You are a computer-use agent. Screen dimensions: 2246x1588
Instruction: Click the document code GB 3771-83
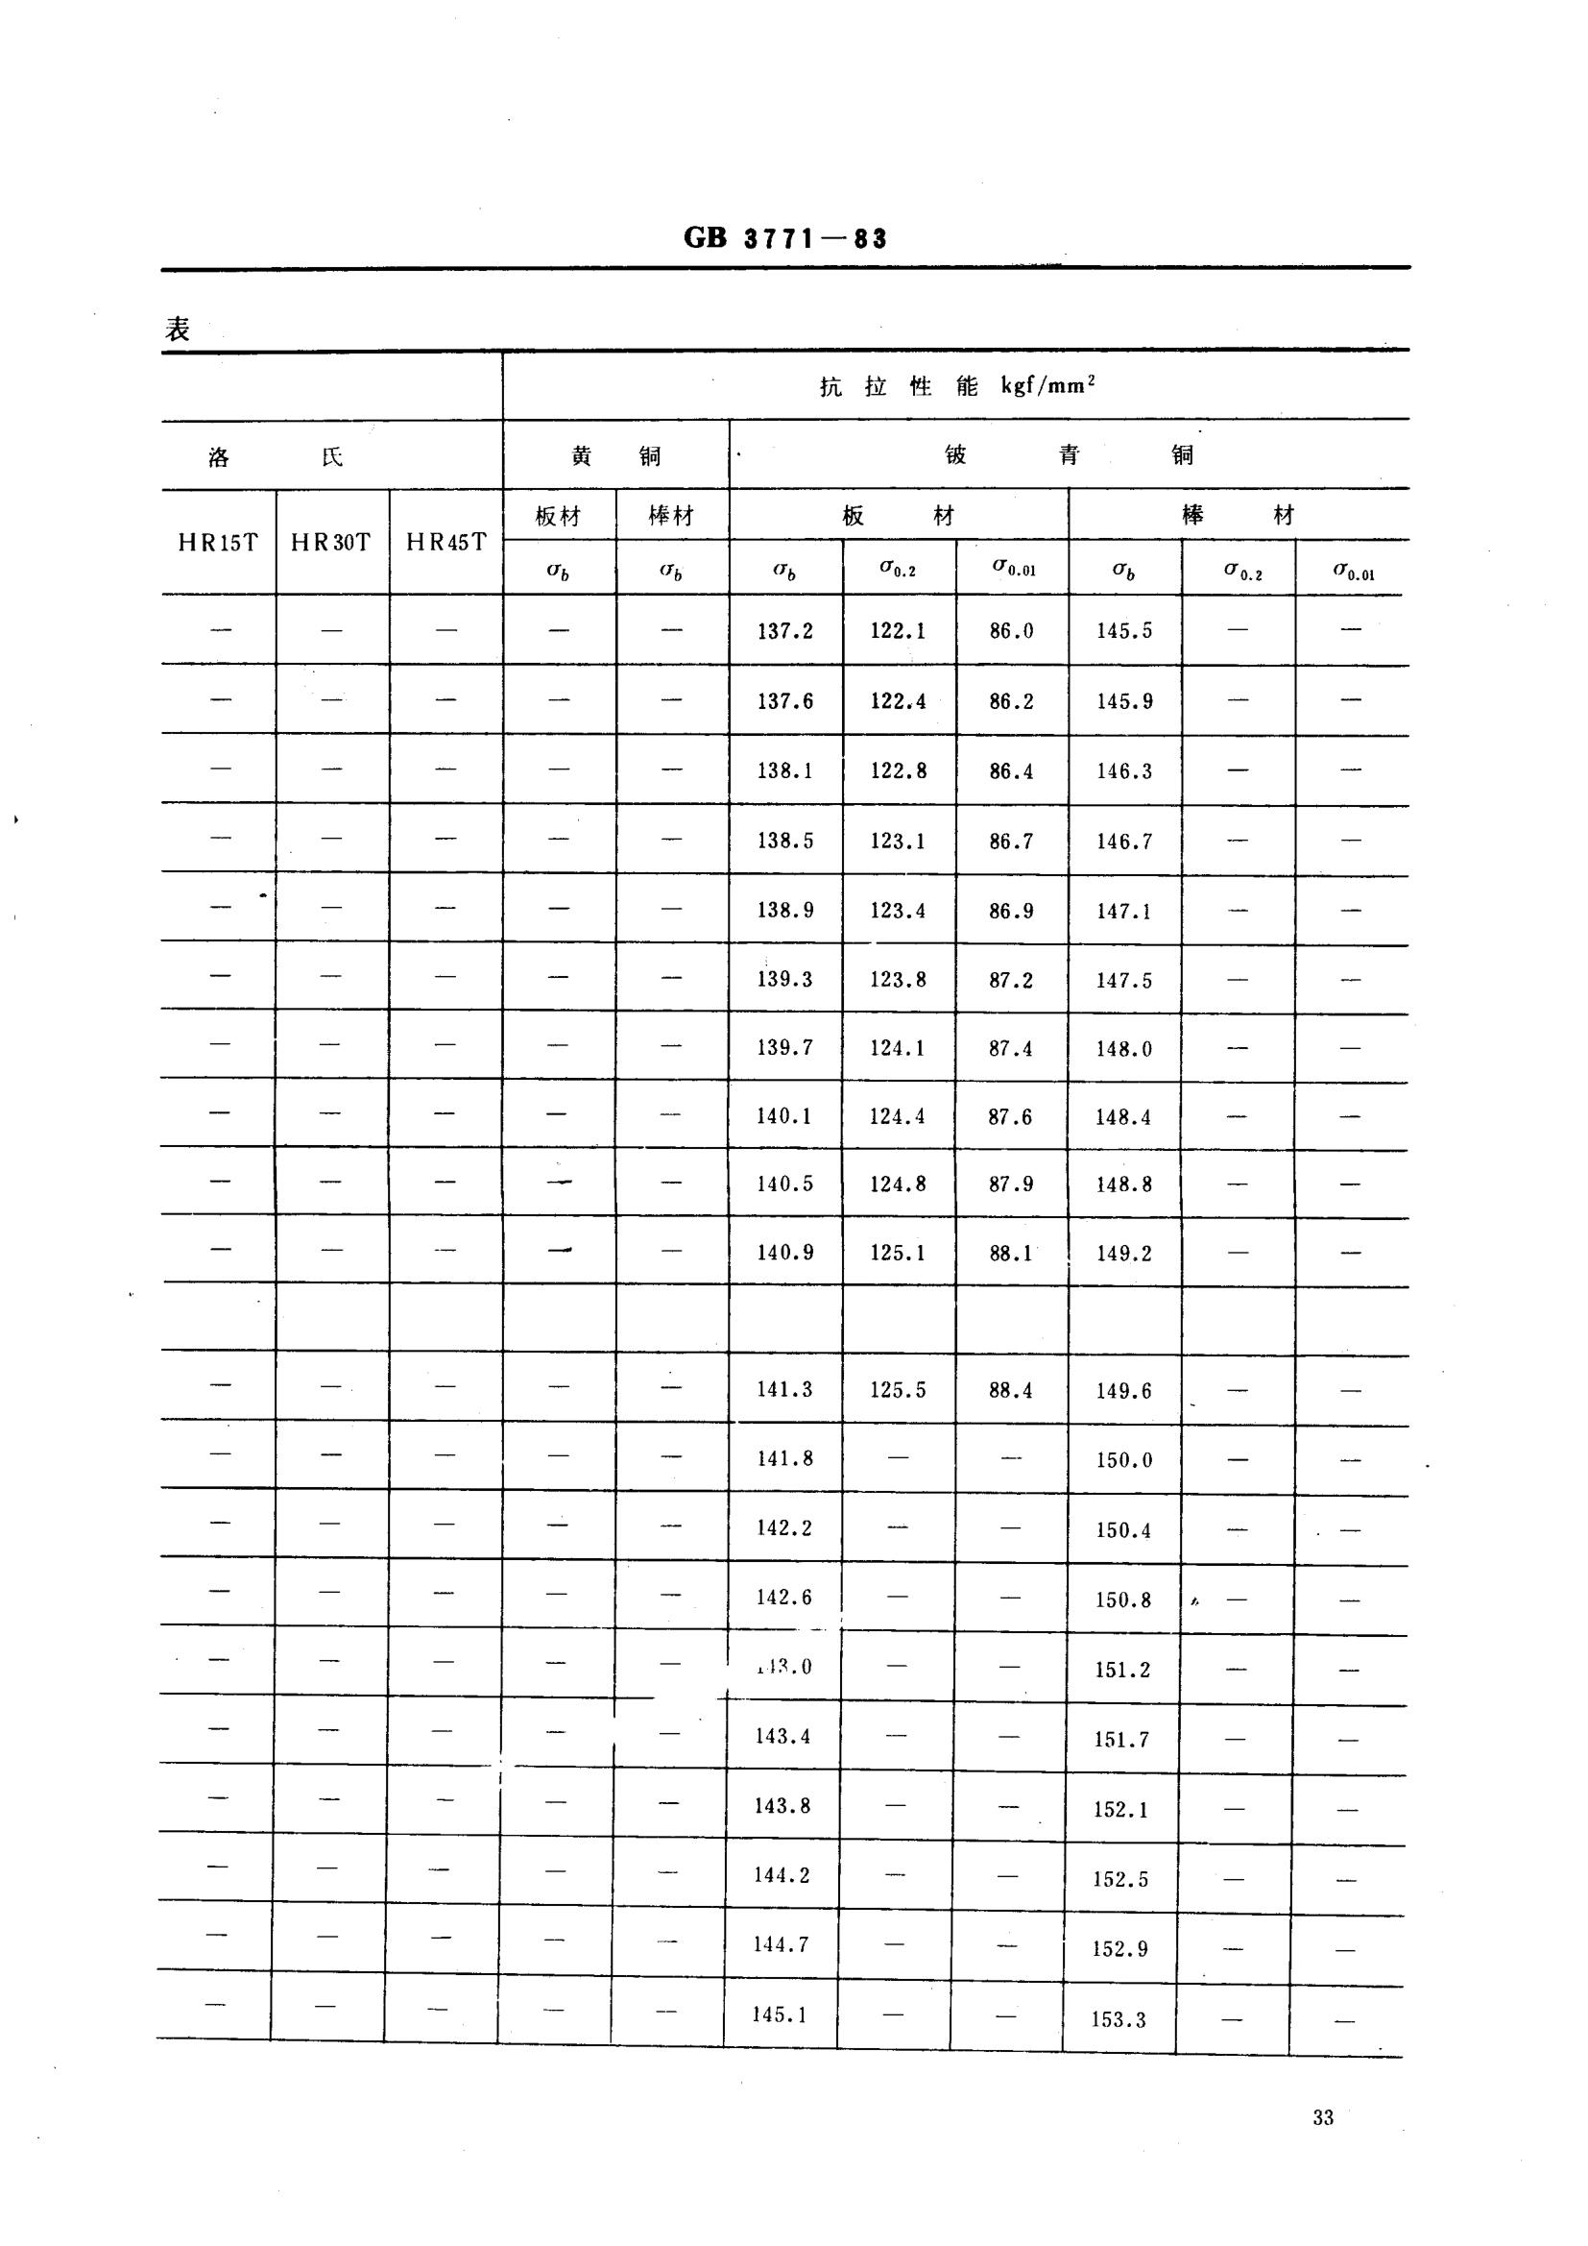point(784,238)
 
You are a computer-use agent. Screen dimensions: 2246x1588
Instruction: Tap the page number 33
point(1323,2118)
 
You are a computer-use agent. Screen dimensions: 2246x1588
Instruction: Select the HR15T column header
point(218,543)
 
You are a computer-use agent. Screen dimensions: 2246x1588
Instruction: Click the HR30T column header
point(331,543)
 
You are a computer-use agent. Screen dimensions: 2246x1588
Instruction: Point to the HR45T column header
point(445,543)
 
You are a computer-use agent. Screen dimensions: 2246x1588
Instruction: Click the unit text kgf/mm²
point(1047,385)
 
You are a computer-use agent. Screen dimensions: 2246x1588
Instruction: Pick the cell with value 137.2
point(785,631)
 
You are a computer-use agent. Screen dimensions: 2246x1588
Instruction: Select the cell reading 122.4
point(898,701)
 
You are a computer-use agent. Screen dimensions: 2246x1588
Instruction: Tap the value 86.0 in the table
point(1011,631)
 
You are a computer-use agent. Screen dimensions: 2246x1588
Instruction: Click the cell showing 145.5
point(1124,631)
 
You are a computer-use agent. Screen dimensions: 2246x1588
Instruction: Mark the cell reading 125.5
point(898,1390)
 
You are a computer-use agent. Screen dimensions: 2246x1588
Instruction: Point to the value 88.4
point(1010,1390)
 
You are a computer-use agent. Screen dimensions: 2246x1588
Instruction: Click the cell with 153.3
point(1119,2020)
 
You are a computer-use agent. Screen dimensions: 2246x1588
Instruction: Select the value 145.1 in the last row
point(780,2014)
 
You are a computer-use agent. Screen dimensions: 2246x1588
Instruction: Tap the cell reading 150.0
point(1124,1460)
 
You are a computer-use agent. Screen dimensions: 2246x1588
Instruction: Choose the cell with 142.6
point(784,1598)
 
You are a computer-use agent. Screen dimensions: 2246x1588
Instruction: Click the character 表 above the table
point(178,330)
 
